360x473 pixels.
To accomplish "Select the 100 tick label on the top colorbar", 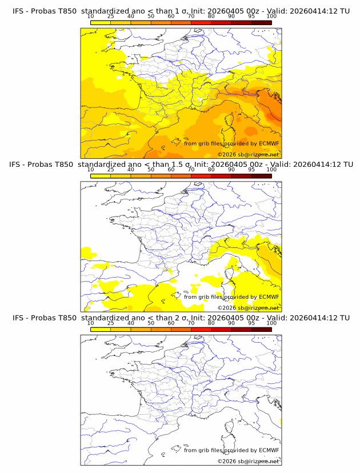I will pos(271,17).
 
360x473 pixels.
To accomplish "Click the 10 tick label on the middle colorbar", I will pos(91,170).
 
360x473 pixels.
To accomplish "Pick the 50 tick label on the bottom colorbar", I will pos(151,323).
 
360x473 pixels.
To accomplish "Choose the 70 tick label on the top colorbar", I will pos(191,17).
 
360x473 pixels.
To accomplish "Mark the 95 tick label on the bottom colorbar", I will pos(251,323).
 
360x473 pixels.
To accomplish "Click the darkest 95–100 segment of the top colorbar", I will pos(261,22).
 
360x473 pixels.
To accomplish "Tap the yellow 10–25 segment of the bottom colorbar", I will pos(101,329).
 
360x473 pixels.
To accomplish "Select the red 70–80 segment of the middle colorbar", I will pos(201,176).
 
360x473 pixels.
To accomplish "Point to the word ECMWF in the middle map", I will pos(269,296).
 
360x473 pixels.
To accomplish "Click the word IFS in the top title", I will pos(18,11).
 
